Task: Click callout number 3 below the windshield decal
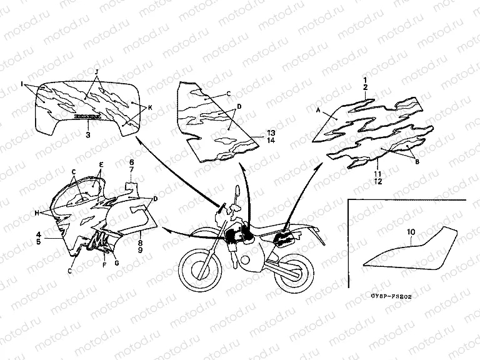pos(87,134)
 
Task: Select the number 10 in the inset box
pos(411,232)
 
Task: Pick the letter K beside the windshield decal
pos(150,107)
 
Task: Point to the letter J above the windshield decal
pos(97,73)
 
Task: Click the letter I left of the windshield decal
pos(22,83)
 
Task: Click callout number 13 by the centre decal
pos(270,133)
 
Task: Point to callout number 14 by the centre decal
pos(270,141)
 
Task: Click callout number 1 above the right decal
pos(366,81)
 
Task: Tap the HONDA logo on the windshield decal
pos(87,116)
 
